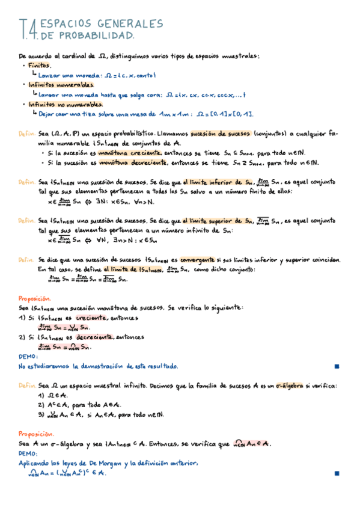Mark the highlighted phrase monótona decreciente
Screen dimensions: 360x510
133,162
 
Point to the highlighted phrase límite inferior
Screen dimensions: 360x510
209,182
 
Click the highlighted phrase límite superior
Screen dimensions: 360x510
211,220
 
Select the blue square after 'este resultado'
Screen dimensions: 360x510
337,366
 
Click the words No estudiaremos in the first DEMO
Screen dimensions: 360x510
44,366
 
